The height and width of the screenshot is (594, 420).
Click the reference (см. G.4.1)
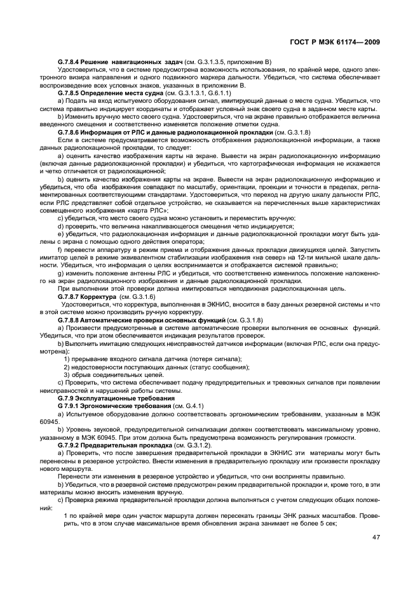coord(184,405)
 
